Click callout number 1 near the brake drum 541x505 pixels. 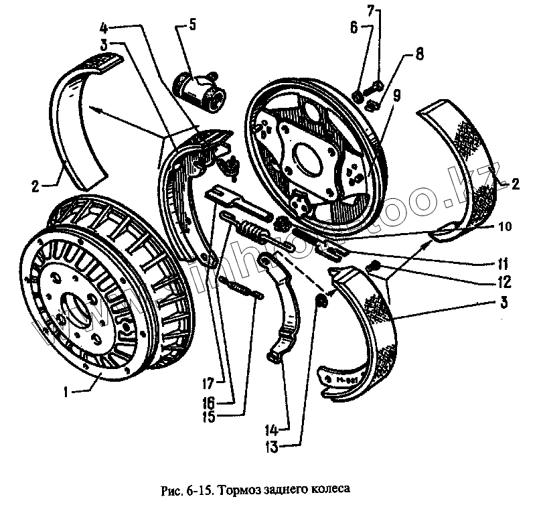point(65,394)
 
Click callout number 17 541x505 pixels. point(209,384)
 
